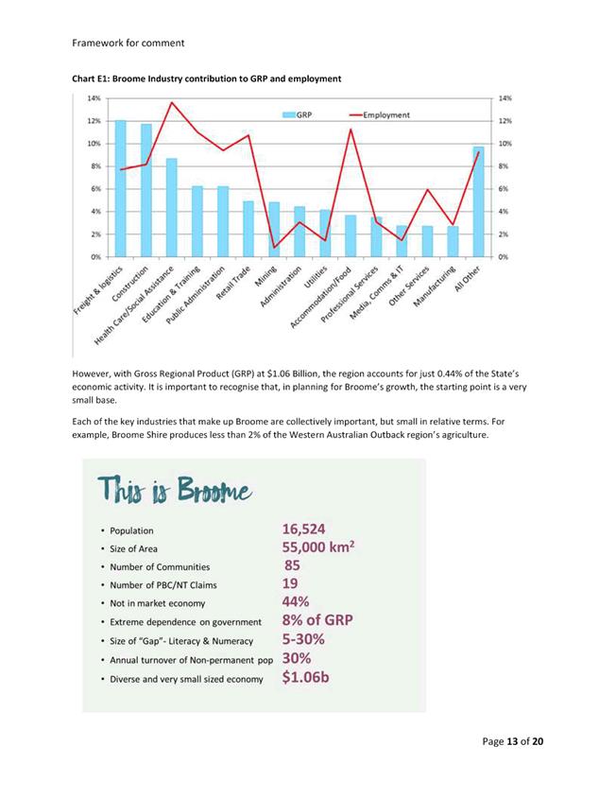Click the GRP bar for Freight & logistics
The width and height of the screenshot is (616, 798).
pyautogui.click(x=120, y=189)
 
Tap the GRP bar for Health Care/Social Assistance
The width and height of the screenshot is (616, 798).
pyautogui.click(x=172, y=207)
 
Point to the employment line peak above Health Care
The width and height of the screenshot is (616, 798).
pyautogui.click(x=172, y=102)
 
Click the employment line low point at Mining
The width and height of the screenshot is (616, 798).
pyautogui.click(x=274, y=248)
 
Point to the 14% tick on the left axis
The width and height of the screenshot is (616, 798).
pyautogui.click(x=94, y=98)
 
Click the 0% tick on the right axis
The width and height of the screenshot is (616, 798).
pyautogui.click(x=504, y=256)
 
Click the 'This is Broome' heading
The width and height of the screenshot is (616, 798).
pyautogui.click(x=175, y=492)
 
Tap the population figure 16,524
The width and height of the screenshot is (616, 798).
pyautogui.click(x=311, y=529)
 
